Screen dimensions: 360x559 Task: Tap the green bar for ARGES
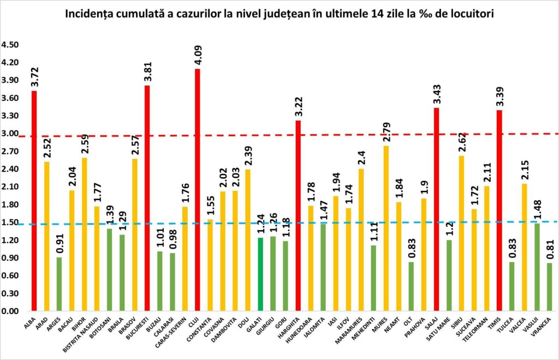tap(60, 284)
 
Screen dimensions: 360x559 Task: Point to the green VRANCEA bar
tap(549, 287)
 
